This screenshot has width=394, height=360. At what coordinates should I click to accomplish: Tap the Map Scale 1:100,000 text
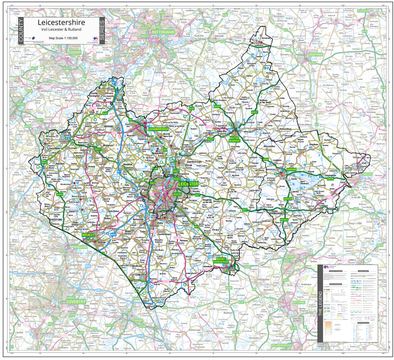(63, 38)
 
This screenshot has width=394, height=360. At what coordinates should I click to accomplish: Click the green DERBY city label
(76, 52)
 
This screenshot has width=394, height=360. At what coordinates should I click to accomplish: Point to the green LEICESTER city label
(188, 184)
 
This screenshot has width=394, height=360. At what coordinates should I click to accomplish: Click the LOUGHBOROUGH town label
(159, 129)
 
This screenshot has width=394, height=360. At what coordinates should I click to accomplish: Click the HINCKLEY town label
(88, 235)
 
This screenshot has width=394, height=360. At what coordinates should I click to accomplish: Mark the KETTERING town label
(298, 303)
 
